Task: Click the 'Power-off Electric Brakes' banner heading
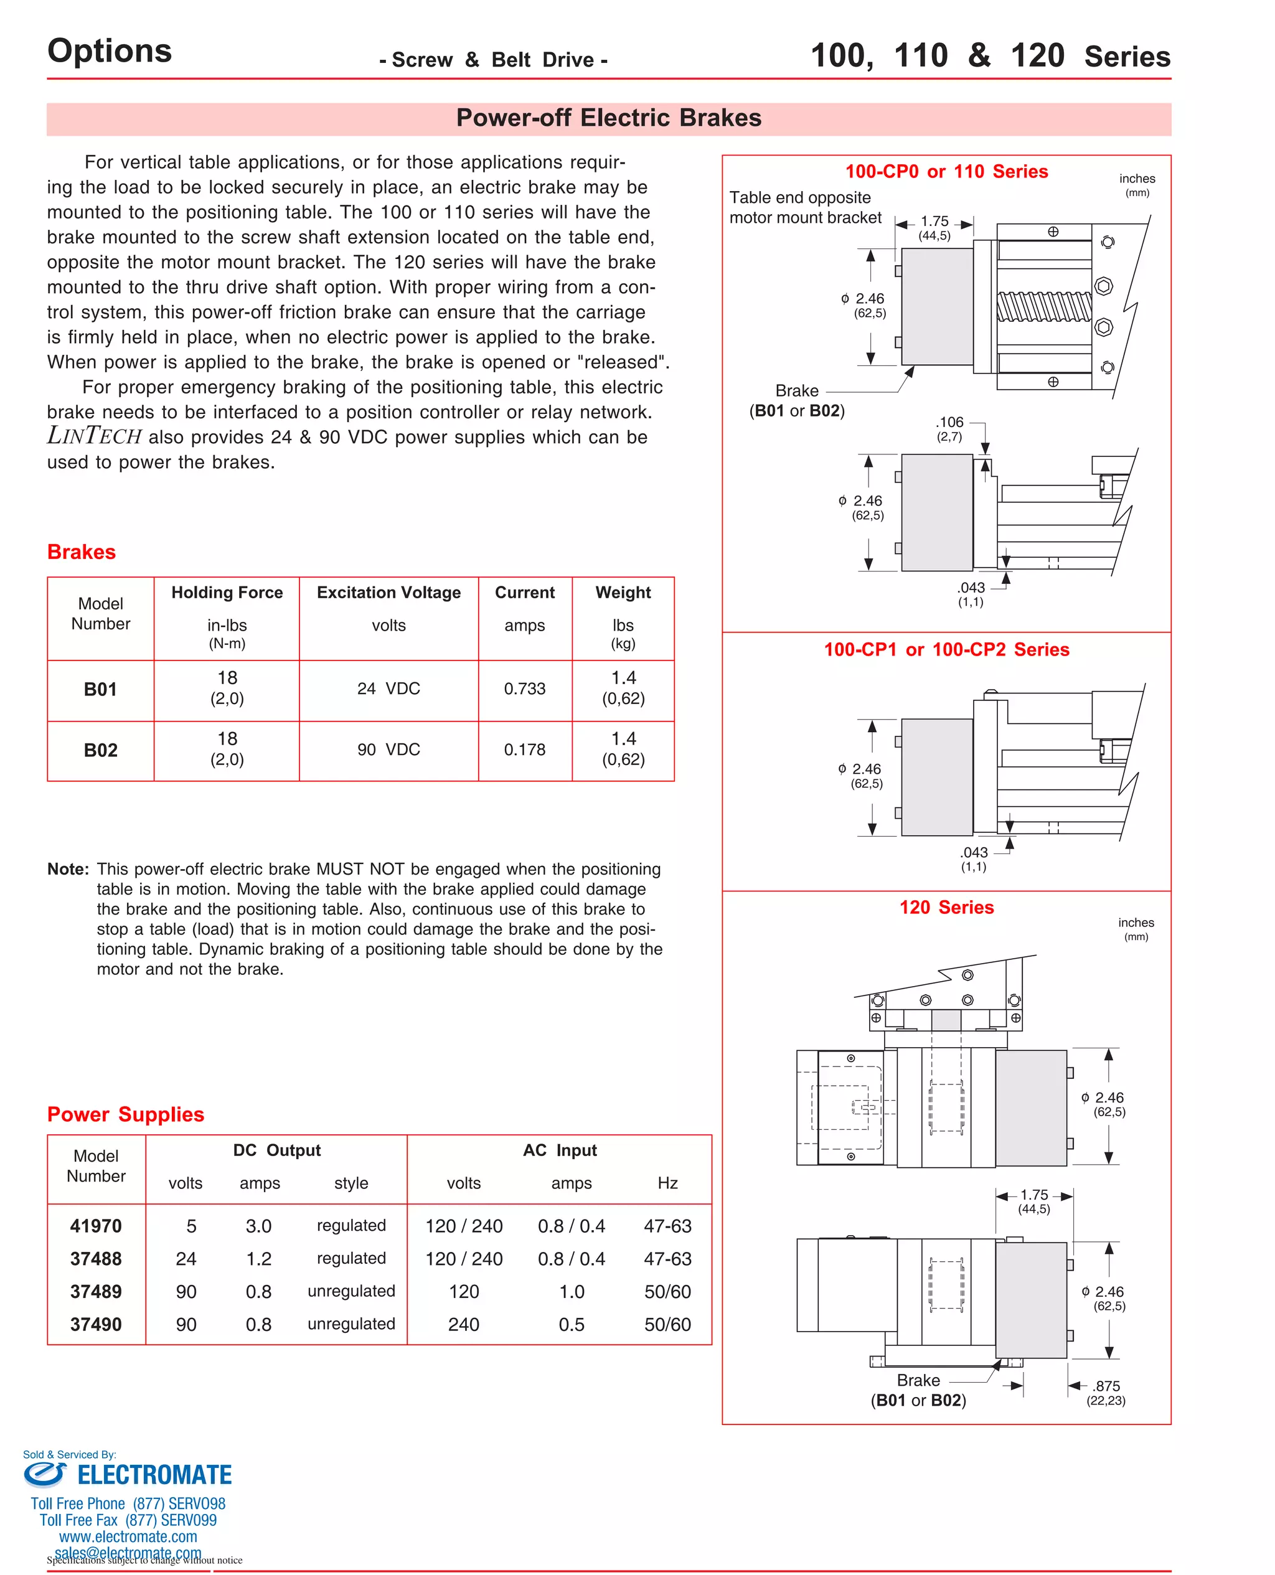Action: [x=608, y=118]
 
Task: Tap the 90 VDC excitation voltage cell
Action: [x=388, y=750]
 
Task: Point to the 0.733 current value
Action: [x=524, y=689]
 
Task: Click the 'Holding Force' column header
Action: [x=227, y=593]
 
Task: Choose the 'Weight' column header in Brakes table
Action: [x=623, y=593]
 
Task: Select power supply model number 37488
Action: [x=95, y=1259]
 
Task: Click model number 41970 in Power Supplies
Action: [x=95, y=1226]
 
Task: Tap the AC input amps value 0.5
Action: [x=572, y=1325]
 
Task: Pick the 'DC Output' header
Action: [x=277, y=1150]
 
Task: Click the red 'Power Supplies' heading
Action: [x=126, y=1114]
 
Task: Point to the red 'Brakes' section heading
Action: [x=82, y=552]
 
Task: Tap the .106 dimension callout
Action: [x=949, y=422]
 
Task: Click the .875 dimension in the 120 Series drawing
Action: [x=1106, y=1386]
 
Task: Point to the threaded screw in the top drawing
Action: [x=1043, y=306]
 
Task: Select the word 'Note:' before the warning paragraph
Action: [x=68, y=870]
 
